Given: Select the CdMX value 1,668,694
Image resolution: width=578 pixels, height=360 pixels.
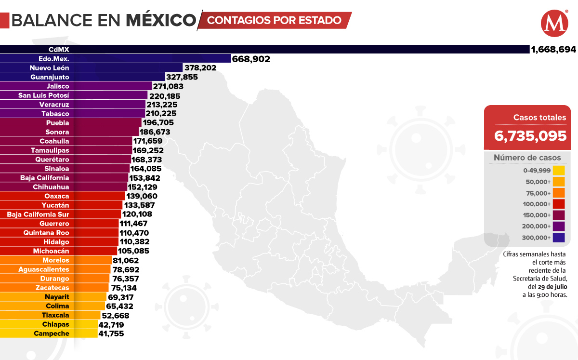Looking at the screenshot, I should point(553,49).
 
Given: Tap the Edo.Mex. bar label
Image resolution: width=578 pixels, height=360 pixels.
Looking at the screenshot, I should point(57,59).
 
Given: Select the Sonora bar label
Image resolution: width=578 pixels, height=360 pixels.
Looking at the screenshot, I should point(57,132).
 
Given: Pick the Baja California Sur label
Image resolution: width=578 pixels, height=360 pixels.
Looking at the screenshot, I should point(38,214).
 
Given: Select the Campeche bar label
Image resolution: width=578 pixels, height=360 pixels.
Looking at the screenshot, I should point(52,333).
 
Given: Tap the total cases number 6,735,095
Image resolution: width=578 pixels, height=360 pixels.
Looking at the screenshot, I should point(530,136).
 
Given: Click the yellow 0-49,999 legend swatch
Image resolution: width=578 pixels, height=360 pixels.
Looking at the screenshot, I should point(559,170).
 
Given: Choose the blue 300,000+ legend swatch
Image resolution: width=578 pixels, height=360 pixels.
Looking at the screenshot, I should point(559,237).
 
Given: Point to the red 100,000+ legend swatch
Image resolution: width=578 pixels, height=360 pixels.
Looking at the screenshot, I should point(559,204).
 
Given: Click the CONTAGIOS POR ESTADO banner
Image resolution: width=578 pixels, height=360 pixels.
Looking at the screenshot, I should point(275,20).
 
